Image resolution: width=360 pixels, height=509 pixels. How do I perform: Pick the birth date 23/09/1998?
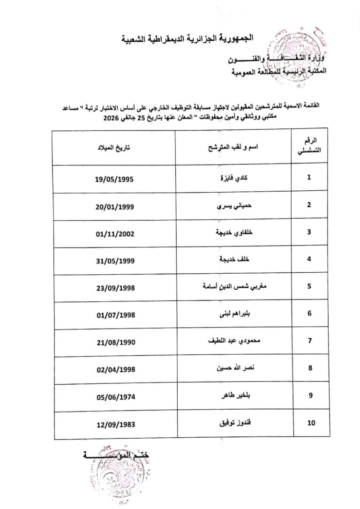click(114, 286)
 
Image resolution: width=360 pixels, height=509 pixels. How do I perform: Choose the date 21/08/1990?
click(114, 341)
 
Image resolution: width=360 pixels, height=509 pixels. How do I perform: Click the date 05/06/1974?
click(114, 396)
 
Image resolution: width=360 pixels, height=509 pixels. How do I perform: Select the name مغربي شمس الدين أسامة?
click(233, 286)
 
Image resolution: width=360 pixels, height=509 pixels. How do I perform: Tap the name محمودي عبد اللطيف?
click(233, 341)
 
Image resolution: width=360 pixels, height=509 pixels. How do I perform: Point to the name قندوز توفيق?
click(233, 423)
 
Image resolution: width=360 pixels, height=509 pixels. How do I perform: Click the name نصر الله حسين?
click(233, 368)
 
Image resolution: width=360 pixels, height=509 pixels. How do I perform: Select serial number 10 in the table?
click(311, 423)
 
